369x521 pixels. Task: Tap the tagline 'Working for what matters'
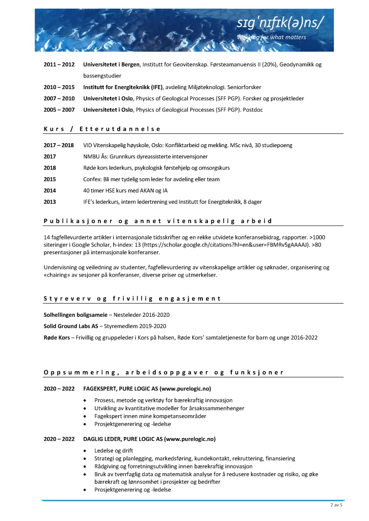tap(272, 37)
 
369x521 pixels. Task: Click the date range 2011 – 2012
tap(59, 65)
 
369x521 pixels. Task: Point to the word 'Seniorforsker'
tap(243, 87)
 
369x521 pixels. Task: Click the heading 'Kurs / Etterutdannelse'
tap(102, 129)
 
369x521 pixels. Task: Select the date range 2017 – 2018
tap(59, 145)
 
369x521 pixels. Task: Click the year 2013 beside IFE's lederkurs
tap(50, 202)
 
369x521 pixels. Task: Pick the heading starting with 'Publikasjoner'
tap(157, 221)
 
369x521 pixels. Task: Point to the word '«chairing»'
tap(60, 275)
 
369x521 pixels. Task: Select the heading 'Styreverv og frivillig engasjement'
tap(133, 298)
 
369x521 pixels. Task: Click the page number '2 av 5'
tap(336, 506)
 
